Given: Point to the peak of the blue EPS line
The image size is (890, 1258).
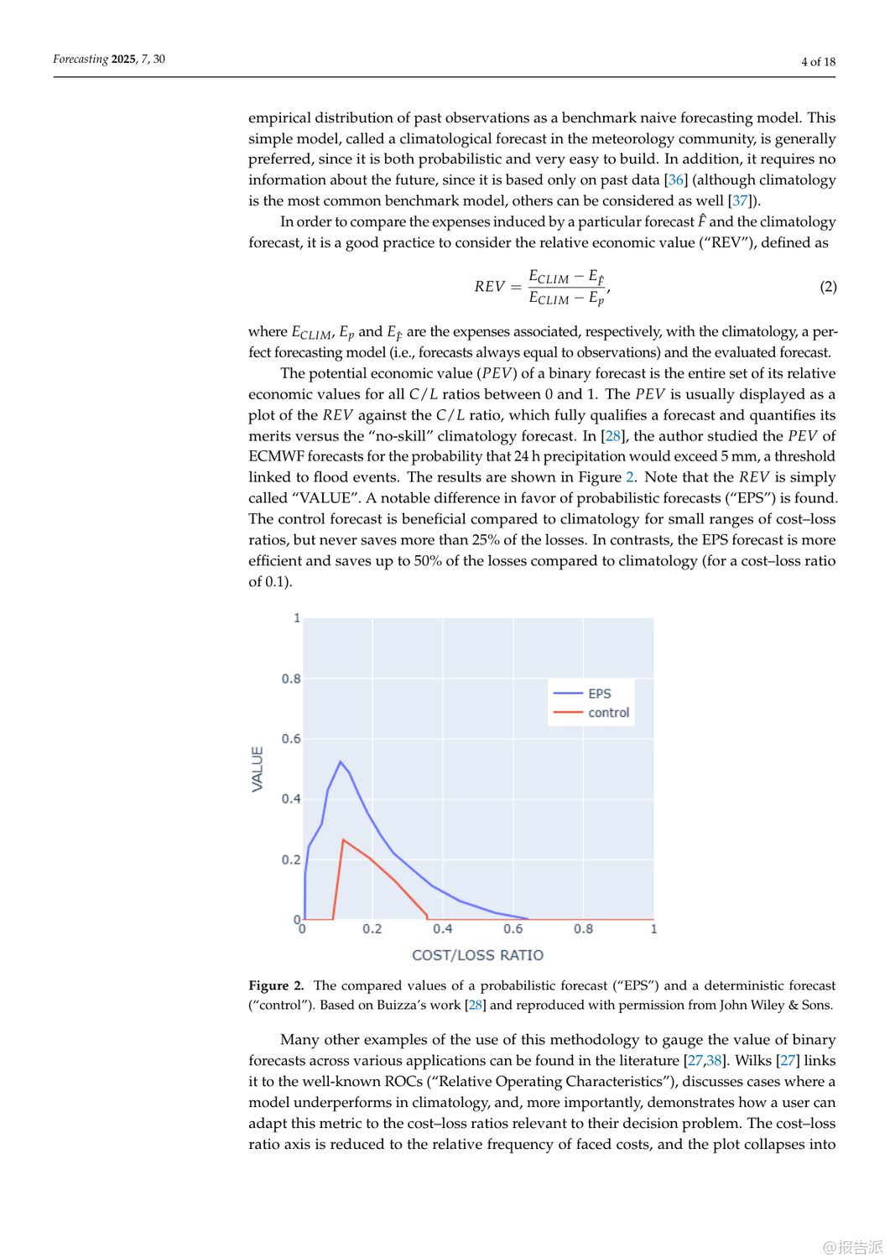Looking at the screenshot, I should click(341, 762).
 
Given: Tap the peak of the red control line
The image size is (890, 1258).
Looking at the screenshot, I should click(343, 840).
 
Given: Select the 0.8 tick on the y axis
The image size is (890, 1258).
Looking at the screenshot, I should click(291, 678).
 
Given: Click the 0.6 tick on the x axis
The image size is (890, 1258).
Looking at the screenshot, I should click(513, 929).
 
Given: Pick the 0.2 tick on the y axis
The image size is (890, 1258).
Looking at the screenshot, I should click(291, 860).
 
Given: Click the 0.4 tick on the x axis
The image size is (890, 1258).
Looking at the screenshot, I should click(443, 929).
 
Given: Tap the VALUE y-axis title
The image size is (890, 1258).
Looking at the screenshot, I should click(258, 769).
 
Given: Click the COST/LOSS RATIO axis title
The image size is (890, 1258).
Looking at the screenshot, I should click(477, 955).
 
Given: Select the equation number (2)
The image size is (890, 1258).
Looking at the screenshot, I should click(828, 287).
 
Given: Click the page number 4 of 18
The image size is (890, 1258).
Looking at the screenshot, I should click(818, 61).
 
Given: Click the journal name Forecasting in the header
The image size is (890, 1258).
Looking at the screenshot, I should click(81, 59).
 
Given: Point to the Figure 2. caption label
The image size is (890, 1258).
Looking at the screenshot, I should click(276, 985).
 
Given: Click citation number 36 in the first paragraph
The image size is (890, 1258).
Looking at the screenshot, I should click(675, 179).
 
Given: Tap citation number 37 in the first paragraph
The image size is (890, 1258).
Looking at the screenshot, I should click(739, 200).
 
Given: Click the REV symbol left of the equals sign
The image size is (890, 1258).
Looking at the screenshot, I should click(490, 287).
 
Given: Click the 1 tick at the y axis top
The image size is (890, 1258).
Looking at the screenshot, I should click(297, 618).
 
